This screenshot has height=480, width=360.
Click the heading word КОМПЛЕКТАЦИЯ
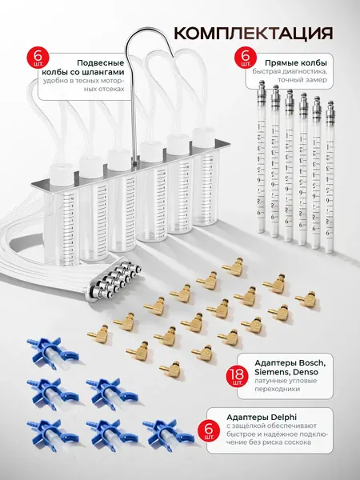click(x=253, y=33)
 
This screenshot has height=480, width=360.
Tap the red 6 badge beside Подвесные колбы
click(x=38, y=58)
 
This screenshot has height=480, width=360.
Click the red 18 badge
click(x=237, y=376)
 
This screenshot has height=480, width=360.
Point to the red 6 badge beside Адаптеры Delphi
click(x=210, y=428)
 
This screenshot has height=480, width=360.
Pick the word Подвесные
click(x=101, y=63)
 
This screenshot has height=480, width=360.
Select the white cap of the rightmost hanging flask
click(x=203, y=138)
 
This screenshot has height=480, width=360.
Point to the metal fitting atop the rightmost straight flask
click(x=330, y=111)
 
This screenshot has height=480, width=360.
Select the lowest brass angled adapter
click(x=170, y=370)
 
